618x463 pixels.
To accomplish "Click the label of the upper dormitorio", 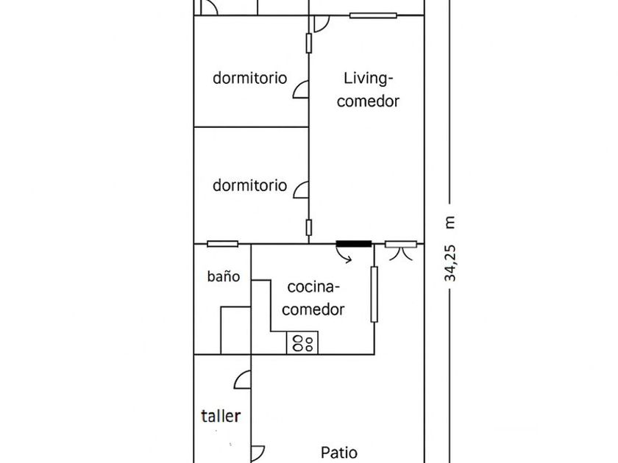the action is point(249,78).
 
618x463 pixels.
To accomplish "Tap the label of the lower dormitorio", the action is point(249,185).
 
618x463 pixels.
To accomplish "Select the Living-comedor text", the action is point(368,90).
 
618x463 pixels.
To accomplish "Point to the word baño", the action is point(224,276).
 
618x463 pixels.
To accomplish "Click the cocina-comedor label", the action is point(313,298).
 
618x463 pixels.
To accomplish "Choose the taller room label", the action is point(221,416).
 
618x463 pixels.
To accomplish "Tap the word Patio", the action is point(339,453).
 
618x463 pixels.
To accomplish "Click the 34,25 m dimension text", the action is point(450,249).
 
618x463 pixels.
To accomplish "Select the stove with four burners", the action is point(302,342).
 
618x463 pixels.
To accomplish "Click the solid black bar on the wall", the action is point(354,244).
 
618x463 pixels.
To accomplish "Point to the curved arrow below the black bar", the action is point(344,255).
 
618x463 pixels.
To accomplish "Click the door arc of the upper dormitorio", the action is point(300,90).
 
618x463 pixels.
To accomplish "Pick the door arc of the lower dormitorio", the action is point(301,190).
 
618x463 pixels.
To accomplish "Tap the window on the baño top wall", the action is point(223,244).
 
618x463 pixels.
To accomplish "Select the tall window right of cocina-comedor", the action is point(374,294).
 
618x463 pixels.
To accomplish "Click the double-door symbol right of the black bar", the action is point(401,251).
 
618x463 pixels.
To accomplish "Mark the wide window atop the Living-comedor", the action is point(373,15).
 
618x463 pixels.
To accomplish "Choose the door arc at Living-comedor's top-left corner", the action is point(322,24).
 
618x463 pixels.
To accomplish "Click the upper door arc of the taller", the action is point(243,379).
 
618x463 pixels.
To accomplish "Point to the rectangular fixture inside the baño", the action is point(235,330).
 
